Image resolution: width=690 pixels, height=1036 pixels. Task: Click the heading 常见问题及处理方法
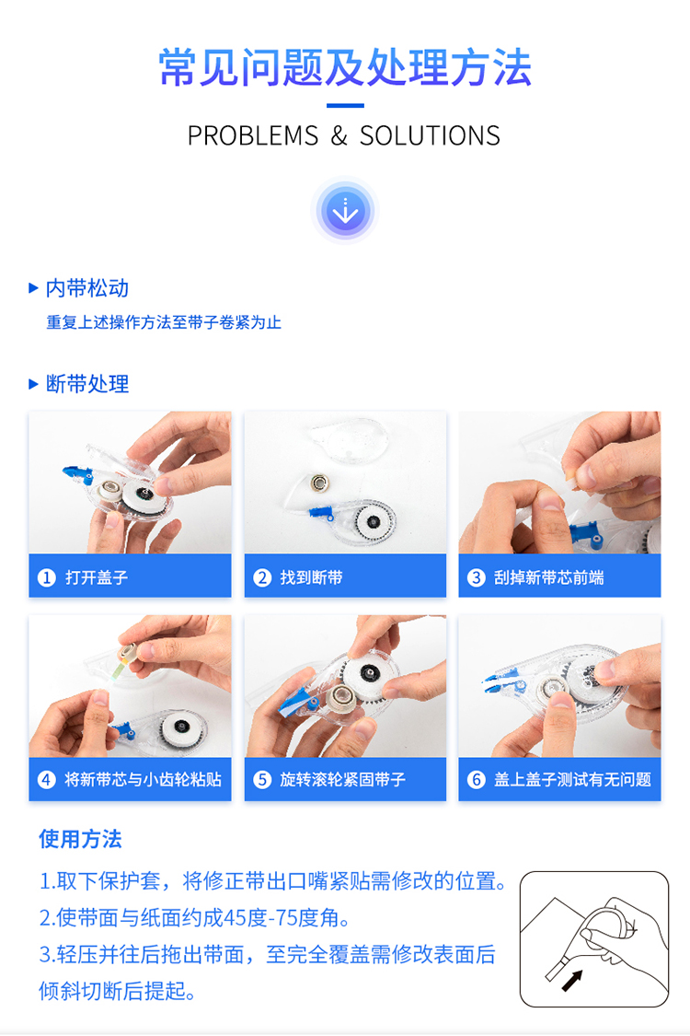click(345, 67)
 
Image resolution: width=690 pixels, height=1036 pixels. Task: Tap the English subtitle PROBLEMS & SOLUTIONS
click(344, 135)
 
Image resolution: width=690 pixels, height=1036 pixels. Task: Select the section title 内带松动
click(87, 288)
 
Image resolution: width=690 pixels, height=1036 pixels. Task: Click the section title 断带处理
click(87, 384)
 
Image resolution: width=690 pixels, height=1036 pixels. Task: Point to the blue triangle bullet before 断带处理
click(34, 384)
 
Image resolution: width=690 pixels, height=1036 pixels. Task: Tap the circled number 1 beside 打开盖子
click(46, 577)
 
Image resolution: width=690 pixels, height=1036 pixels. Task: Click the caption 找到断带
click(311, 577)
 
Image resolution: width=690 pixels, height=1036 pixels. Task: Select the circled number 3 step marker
click(476, 577)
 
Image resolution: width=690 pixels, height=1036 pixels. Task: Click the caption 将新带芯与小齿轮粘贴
click(143, 780)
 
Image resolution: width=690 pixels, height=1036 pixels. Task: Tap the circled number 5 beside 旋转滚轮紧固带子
click(262, 780)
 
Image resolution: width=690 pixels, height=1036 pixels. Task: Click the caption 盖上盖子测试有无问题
click(572, 780)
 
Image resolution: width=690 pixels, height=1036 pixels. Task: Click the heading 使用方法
click(80, 839)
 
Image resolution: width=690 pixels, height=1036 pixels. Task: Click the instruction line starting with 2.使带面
click(195, 918)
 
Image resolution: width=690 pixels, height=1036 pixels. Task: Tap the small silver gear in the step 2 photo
click(319, 483)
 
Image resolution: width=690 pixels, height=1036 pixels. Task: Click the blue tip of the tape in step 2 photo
click(322, 512)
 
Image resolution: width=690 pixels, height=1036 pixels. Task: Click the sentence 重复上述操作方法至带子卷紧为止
click(164, 322)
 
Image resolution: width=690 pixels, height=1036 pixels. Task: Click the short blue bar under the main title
click(345, 105)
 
